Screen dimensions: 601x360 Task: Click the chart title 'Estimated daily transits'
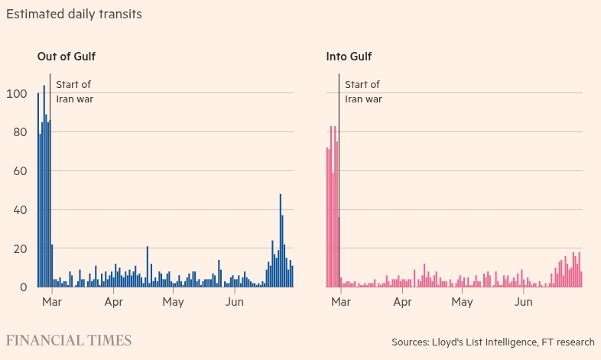[74, 15]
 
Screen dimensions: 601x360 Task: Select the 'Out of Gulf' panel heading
[67, 57]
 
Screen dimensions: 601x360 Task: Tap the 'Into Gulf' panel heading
[349, 57]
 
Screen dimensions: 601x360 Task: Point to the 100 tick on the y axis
[17, 94]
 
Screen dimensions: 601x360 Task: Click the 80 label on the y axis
[20, 132]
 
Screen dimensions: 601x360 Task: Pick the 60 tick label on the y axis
[20, 170]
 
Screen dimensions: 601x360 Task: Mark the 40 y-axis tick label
[20, 210]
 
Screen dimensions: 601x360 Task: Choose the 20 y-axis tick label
[20, 248]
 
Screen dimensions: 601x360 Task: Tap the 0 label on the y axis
[24, 287]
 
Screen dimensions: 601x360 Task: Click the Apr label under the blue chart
[113, 302]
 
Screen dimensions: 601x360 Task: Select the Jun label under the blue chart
[235, 302]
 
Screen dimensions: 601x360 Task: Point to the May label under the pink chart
[462, 302]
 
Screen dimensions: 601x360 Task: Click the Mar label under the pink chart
[341, 302]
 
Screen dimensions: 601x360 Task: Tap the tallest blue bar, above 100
[44, 186]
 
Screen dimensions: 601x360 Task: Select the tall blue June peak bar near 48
[281, 241]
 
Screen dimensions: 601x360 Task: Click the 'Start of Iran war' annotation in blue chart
[75, 92]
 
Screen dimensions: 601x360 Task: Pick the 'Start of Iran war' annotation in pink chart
[363, 92]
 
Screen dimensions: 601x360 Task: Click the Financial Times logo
[69, 340]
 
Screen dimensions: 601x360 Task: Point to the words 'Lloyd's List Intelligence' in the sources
[484, 342]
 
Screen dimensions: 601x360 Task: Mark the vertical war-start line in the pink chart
[339, 180]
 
